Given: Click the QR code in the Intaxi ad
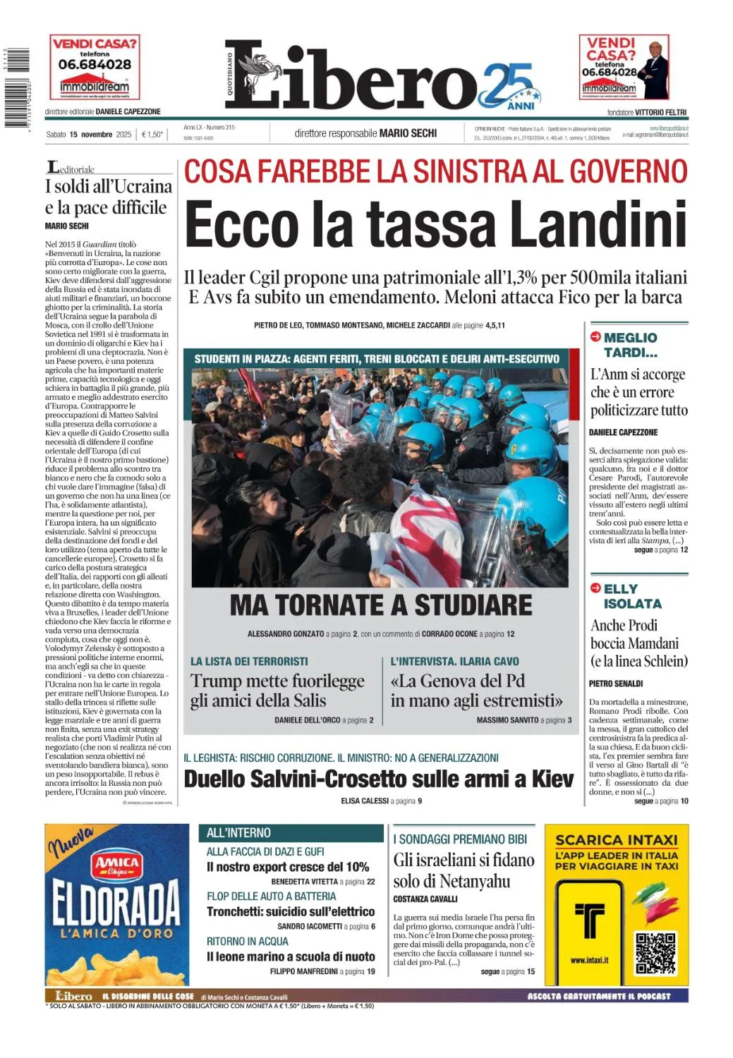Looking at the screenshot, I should [655, 952].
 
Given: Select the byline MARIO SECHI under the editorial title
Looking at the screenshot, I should [67, 226].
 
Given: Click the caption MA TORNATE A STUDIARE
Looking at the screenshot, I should [381, 605].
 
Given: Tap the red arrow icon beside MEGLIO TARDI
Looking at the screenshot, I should [595, 337].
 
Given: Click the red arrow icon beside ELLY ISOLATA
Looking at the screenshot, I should [595, 588].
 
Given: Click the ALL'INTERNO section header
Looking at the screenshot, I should [238, 833].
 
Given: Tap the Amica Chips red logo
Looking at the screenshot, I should [117, 865].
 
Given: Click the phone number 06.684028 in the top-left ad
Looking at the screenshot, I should [95, 64].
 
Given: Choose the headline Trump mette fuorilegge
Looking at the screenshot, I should [277, 681].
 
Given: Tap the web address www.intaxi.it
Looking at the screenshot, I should [589, 960].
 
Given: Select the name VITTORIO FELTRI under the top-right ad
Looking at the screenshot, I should [660, 112].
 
